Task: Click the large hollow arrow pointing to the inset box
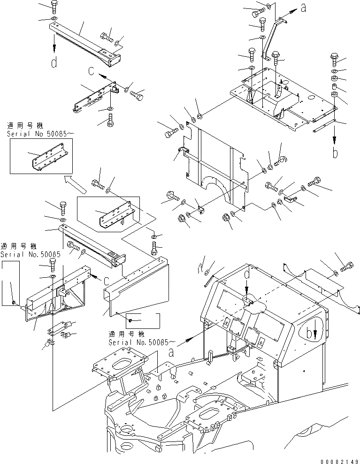point(75,184)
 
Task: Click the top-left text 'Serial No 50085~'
point(40,134)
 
